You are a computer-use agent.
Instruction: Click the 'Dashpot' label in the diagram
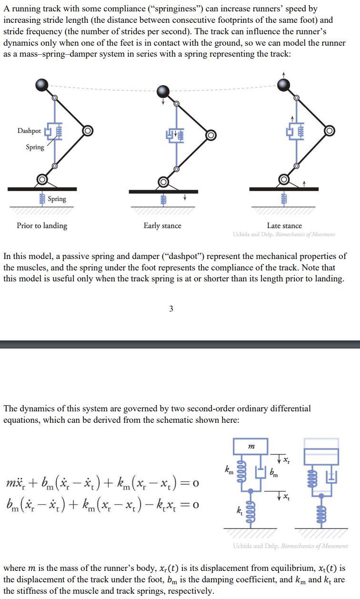(29, 130)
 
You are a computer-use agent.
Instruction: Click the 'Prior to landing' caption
(42, 226)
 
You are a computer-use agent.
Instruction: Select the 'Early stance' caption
(162, 226)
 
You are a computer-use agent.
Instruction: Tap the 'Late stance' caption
(284, 226)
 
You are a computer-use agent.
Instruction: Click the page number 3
(171, 309)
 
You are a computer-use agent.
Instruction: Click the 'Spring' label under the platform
(57, 199)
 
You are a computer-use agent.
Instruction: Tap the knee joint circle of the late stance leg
(329, 130)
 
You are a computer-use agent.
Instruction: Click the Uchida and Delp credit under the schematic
(290, 546)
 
